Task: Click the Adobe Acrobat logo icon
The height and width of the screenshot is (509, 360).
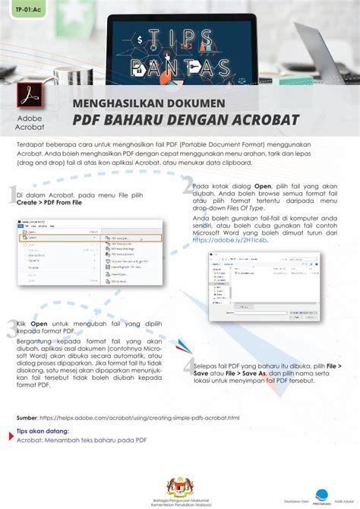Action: point(30,100)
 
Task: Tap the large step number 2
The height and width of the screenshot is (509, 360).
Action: point(186,187)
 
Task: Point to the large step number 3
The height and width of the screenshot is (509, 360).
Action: point(11,328)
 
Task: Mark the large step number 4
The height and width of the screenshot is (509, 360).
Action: point(188,368)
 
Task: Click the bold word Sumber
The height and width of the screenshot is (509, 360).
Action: point(27,417)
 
